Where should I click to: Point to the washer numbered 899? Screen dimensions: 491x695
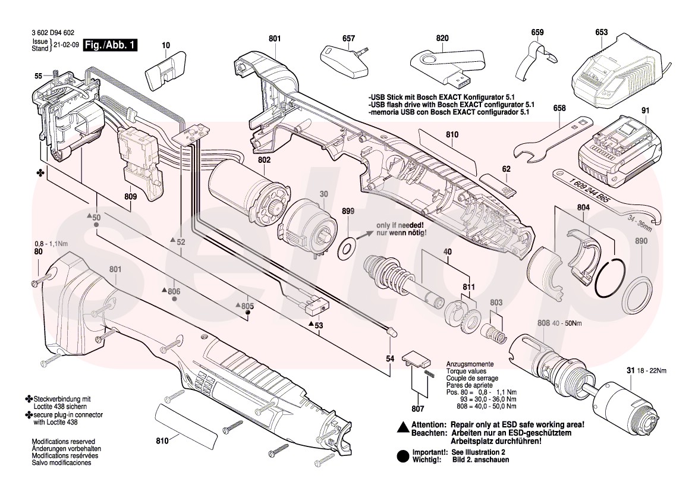pyautogui.click(x=346, y=245)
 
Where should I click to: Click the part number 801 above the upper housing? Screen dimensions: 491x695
pyautogui.click(x=274, y=39)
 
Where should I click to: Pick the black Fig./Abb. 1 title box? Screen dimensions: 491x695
pyautogui.click(x=110, y=45)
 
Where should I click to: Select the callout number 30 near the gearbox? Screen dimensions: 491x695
pyautogui.click(x=324, y=194)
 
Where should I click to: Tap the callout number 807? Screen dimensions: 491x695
pyautogui.click(x=417, y=408)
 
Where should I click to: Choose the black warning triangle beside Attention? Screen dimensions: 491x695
pyautogui.click(x=402, y=426)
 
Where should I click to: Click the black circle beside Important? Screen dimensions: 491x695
pyautogui.click(x=402, y=455)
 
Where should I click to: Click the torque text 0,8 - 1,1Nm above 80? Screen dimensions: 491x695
pyautogui.click(x=51, y=244)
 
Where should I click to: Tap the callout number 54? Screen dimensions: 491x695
pyautogui.click(x=390, y=359)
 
